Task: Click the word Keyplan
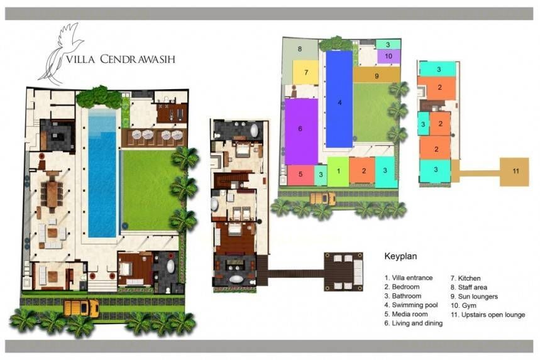point(400,256)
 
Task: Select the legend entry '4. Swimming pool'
point(411,305)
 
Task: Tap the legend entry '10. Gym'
point(463,305)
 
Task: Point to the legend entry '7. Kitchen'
point(466,278)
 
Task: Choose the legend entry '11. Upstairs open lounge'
point(488,315)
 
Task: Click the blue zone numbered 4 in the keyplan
point(339,99)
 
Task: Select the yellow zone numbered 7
point(306,72)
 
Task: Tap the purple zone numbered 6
point(301,131)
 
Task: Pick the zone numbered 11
point(514,172)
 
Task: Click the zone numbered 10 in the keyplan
point(388,57)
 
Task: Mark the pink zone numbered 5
point(300,175)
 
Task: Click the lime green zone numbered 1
point(338,172)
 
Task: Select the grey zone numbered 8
point(299,52)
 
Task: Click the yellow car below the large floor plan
point(82,307)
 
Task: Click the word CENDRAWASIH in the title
point(138,59)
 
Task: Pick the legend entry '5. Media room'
point(406,314)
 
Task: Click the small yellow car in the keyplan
point(322,199)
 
